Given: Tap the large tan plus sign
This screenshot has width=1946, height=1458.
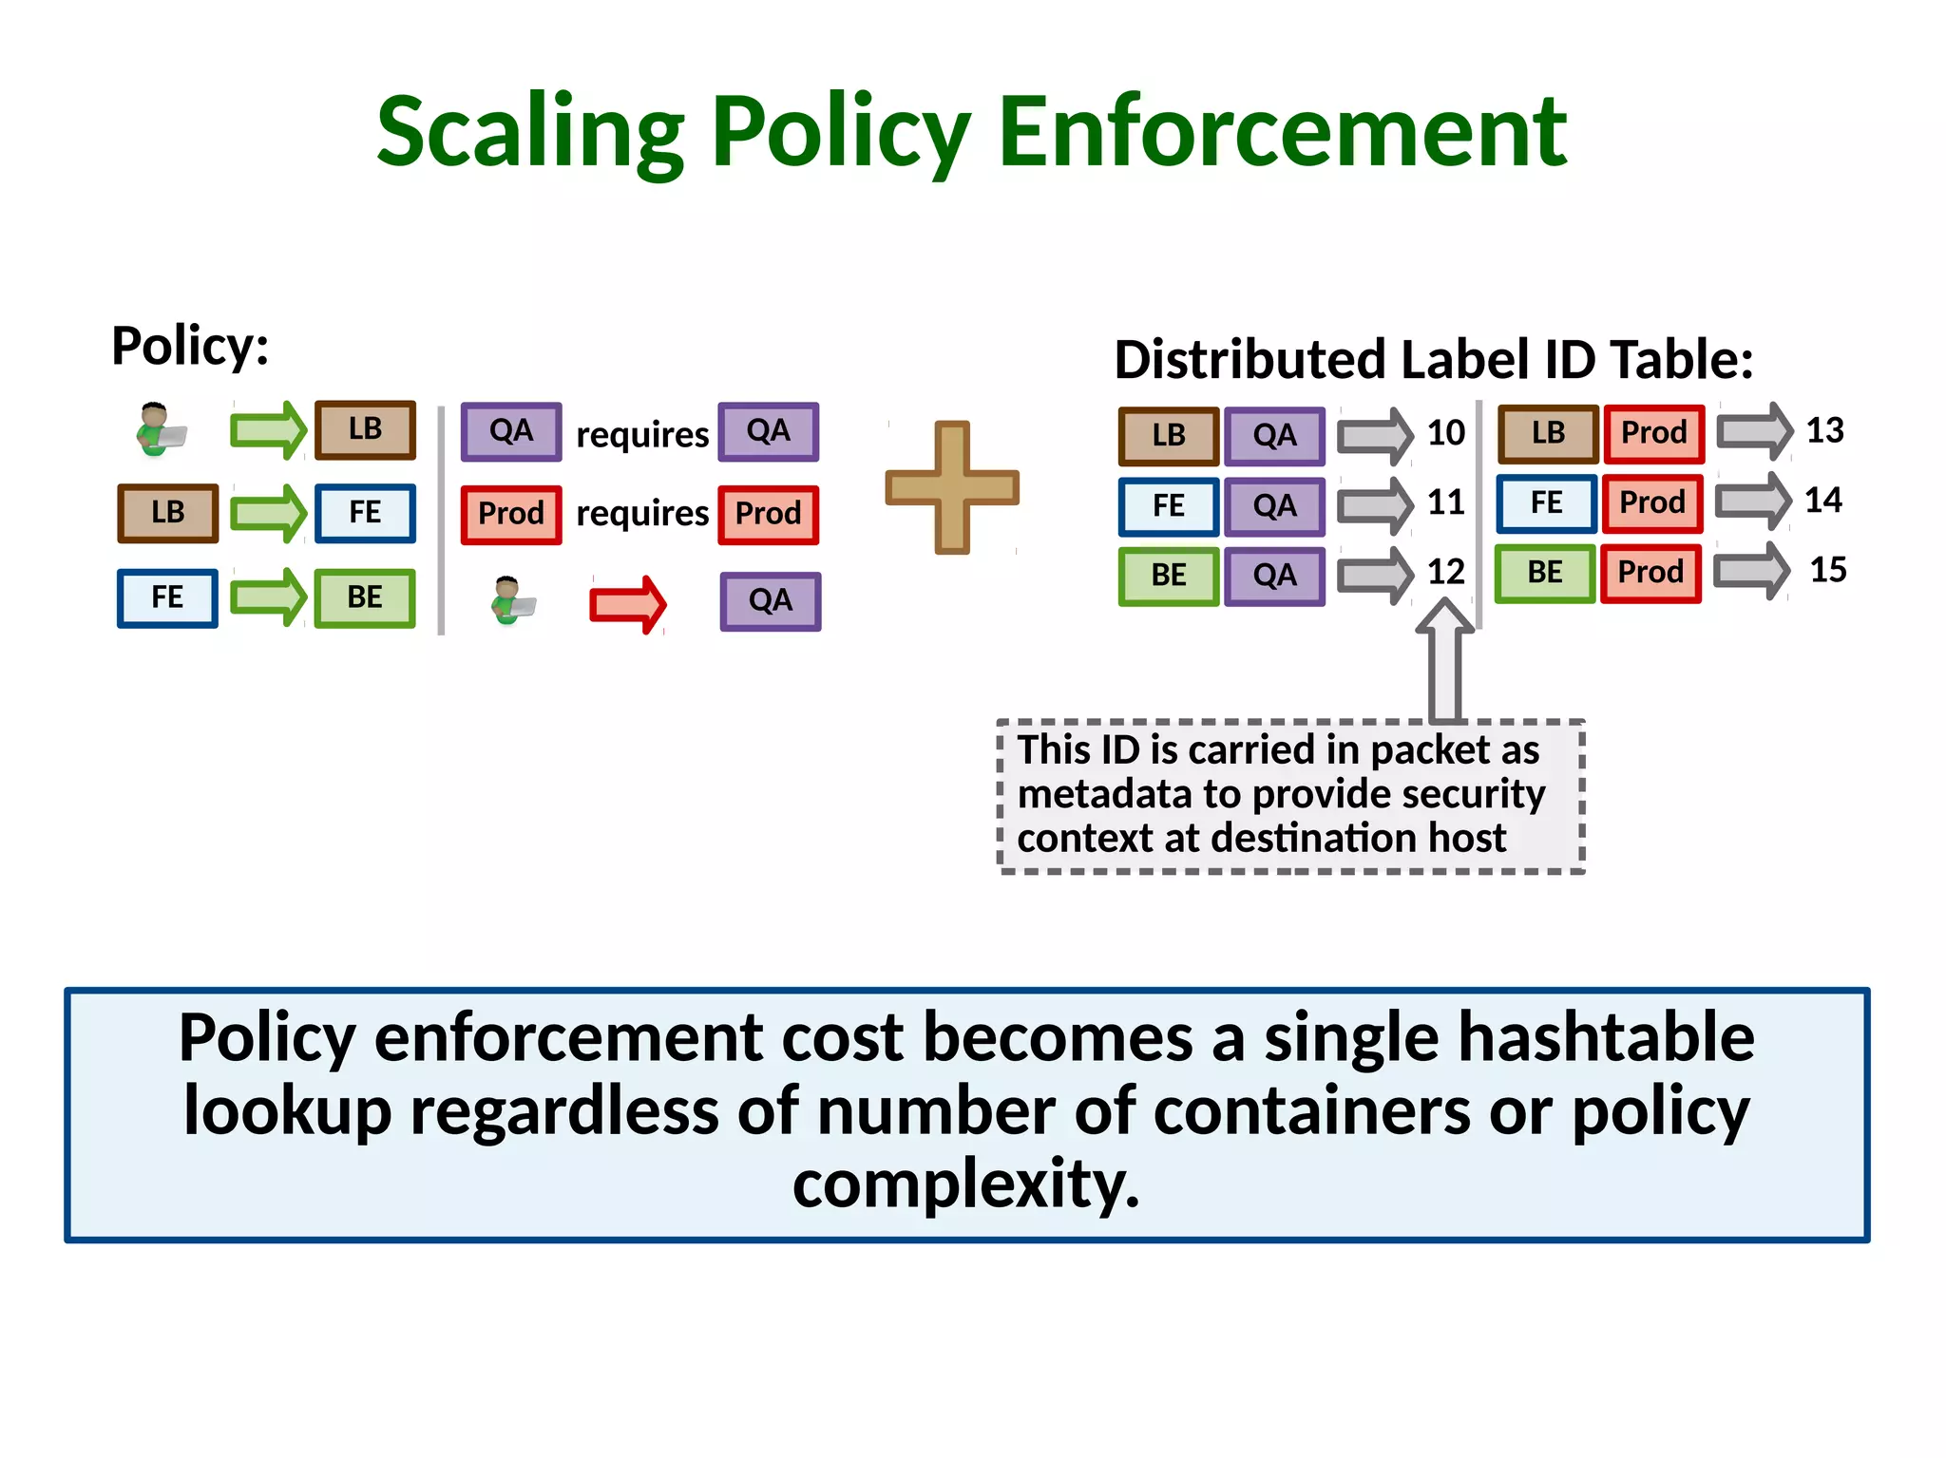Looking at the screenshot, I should pos(952,487).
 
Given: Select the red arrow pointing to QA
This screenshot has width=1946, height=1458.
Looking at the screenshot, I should pos(628,604).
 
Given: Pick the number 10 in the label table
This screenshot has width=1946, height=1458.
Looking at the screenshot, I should pos(1445,433).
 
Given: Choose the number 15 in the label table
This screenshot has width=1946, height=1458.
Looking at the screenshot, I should pos(1827,570).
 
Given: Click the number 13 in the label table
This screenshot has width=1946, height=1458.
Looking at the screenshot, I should pos(1824,430).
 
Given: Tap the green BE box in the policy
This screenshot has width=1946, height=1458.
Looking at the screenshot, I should pos(365,597).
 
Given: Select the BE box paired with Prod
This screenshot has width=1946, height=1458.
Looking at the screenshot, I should pos(1545,573).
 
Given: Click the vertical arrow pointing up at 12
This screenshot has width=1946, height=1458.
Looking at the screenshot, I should pos(1445,660).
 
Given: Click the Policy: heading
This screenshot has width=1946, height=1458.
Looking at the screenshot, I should pos(190,345).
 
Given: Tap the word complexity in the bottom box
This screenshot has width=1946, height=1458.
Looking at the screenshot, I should pos(965,1183).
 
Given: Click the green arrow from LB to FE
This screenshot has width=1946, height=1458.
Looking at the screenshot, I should pos(268,513).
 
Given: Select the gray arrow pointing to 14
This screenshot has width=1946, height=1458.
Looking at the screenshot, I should pos(1752,501).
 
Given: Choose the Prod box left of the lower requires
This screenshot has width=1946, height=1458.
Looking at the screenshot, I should pos(511,514).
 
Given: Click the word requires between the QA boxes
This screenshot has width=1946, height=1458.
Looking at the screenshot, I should pos(642,435).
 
